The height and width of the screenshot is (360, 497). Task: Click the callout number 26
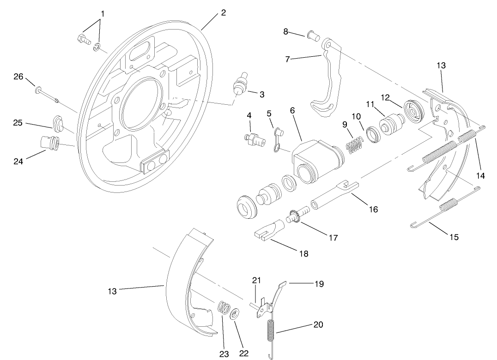click(x=18, y=77)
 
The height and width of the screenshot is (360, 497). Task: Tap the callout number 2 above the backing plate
click(x=223, y=12)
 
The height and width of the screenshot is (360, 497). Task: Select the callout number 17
click(x=333, y=238)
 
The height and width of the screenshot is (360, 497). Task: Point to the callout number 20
click(x=318, y=324)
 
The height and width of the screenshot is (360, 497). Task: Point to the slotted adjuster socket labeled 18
click(x=268, y=229)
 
